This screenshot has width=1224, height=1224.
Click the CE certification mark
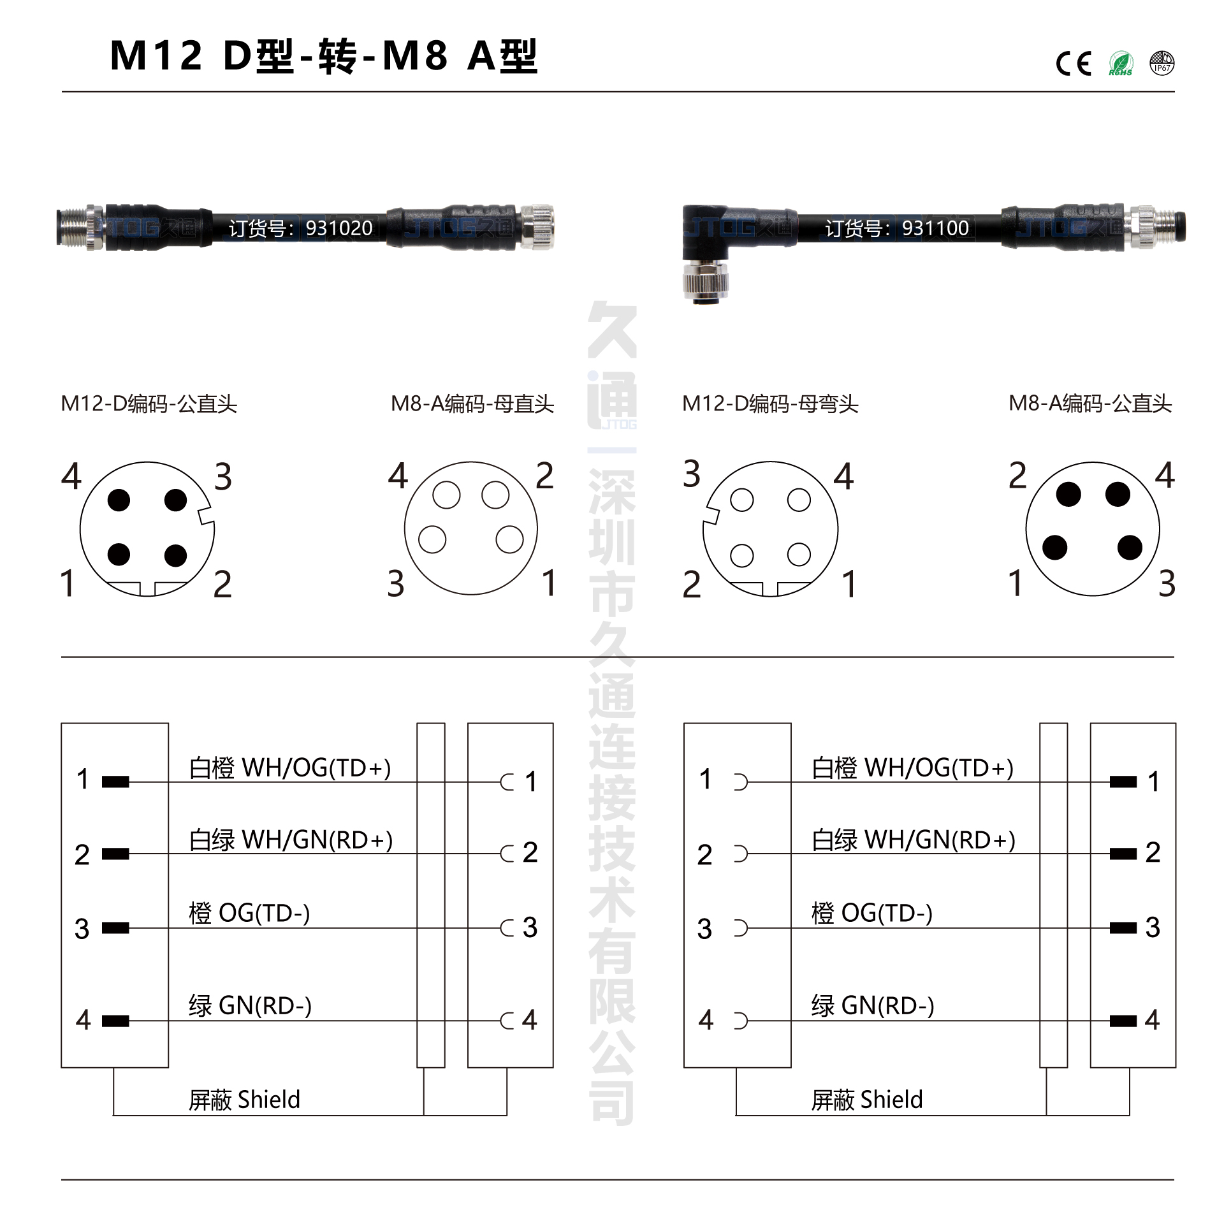[1074, 63]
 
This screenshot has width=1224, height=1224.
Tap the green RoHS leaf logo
[1121, 63]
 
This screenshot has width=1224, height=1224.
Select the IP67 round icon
[1162, 63]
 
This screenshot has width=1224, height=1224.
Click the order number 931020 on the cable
[339, 228]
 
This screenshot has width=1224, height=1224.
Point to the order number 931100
[935, 228]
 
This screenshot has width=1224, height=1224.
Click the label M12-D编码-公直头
[149, 404]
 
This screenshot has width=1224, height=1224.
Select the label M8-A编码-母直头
[472, 404]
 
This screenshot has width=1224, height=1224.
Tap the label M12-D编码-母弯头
[770, 404]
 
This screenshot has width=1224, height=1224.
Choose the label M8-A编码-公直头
[1090, 403]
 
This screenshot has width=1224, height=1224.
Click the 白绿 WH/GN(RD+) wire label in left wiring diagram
[291, 840]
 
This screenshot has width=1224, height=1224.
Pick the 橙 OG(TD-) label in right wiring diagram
[871, 913]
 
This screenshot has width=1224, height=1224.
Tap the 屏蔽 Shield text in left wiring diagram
[244, 1100]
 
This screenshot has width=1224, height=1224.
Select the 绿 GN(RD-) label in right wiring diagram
[873, 1005]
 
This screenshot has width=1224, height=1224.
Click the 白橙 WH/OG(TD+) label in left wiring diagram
[290, 768]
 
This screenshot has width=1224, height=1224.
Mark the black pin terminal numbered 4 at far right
[1123, 1021]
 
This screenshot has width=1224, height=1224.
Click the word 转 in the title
[337, 56]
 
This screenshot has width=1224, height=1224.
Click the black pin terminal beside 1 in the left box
[115, 782]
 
